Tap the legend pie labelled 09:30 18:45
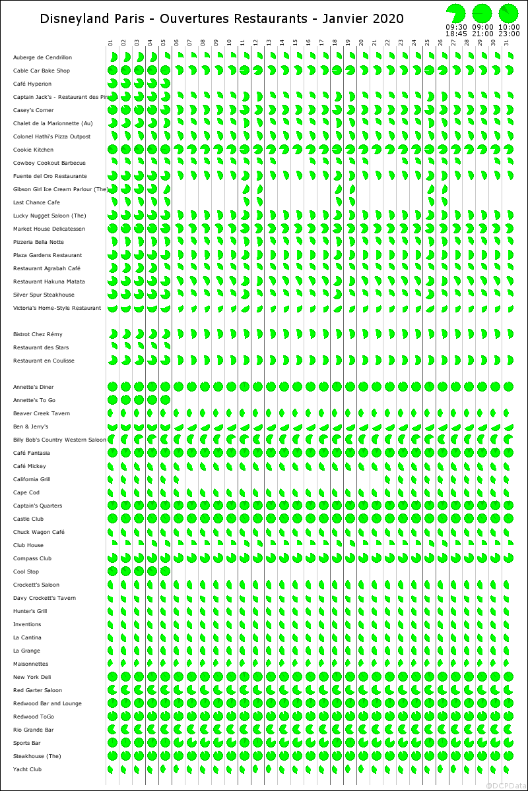tap(455, 13)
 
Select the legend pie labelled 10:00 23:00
tap(508, 13)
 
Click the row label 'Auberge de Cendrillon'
tap(42, 58)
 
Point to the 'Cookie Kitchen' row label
tap(33, 150)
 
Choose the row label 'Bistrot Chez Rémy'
tap(38, 334)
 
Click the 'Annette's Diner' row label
tap(34, 387)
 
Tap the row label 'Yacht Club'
tap(27, 769)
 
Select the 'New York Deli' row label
tap(32, 677)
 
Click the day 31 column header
tap(506, 43)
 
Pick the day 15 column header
tap(295, 43)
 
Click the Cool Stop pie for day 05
tap(165, 571)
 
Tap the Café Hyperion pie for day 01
tap(112, 84)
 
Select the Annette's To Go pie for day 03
tap(139, 400)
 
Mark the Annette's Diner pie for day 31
tap(508, 387)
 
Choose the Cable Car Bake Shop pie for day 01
tap(112, 71)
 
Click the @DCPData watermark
tap(506, 785)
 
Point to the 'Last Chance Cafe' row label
tap(36, 202)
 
